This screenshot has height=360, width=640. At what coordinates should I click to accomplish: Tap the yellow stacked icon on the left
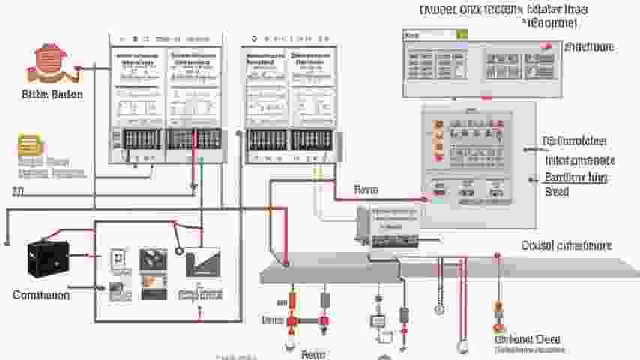[x=31, y=145]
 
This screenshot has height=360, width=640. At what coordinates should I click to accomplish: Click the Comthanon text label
[x=41, y=295]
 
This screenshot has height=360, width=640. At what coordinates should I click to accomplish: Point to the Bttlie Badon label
[x=52, y=94]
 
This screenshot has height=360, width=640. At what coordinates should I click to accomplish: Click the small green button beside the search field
[x=462, y=34]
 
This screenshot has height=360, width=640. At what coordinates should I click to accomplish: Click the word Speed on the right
[x=557, y=192]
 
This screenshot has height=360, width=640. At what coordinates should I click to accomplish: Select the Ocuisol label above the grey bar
[x=566, y=245]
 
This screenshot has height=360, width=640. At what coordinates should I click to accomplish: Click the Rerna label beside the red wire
[x=366, y=190]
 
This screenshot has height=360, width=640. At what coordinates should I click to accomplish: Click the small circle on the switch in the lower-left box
[x=180, y=251]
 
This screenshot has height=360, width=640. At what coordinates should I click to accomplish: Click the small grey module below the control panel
[x=388, y=226]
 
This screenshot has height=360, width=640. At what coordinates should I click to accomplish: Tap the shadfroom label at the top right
[x=588, y=46]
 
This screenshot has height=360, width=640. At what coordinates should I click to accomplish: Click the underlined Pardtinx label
[x=576, y=178]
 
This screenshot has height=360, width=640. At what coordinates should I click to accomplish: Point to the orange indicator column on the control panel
[x=438, y=139]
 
